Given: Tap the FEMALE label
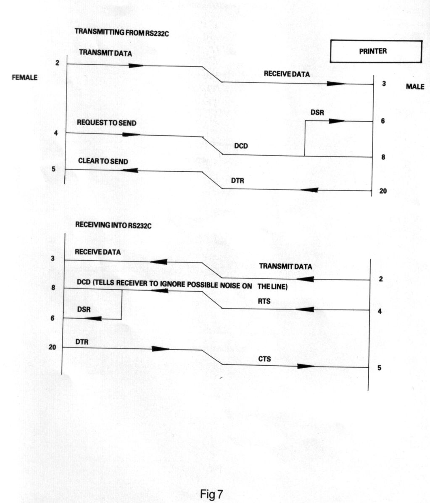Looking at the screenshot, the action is [24, 77].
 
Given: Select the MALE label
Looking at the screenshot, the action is [415, 86].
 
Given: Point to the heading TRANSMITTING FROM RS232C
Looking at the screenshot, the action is [122, 32].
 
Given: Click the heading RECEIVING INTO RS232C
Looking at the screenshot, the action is [113, 225].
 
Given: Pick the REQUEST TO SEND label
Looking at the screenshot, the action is [107, 123].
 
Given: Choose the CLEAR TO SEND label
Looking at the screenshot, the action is [103, 161].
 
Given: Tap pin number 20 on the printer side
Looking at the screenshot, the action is [383, 191].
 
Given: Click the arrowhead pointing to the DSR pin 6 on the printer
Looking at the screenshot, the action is [337, 121].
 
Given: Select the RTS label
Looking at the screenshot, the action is [264, 301].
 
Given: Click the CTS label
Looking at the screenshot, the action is [264, 359].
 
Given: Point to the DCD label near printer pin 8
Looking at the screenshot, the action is [241, 146].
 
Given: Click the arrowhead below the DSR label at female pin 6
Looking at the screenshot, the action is [93, 319].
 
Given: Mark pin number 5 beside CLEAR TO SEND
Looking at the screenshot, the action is [53, 169].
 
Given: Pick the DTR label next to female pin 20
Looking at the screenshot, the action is [82, 342].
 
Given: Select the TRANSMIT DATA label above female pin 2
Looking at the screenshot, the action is [106, 52].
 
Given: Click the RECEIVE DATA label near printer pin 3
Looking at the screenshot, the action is [287, 74].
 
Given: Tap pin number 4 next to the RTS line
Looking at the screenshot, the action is [380, 311].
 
